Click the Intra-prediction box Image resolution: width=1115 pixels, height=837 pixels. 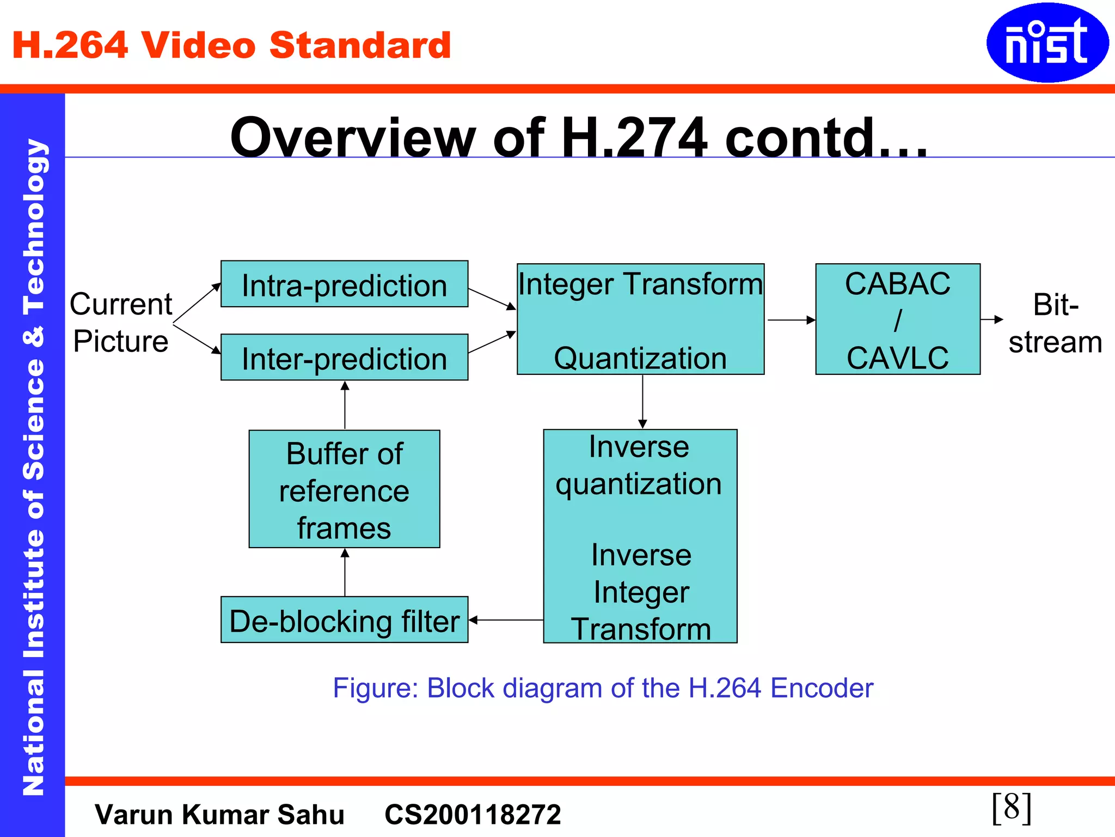tap(344, 284)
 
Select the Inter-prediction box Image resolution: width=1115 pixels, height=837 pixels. tap(344, 357)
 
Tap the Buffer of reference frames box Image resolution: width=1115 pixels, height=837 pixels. tap(344, 489)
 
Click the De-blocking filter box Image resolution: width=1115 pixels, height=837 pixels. tap(344, 620)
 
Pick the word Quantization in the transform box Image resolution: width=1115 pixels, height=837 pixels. tap(640, 359)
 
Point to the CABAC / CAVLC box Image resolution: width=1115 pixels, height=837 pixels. tap(897, 319)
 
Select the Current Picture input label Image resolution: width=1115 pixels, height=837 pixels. tap(121, 323)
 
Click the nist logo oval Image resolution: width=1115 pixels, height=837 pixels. tap(1046, 43)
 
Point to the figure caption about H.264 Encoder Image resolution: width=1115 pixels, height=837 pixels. tap(603, 688)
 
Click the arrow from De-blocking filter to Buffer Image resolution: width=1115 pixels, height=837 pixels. tap(345, 572)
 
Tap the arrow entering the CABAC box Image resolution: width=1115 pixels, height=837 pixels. tap(791, 320)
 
